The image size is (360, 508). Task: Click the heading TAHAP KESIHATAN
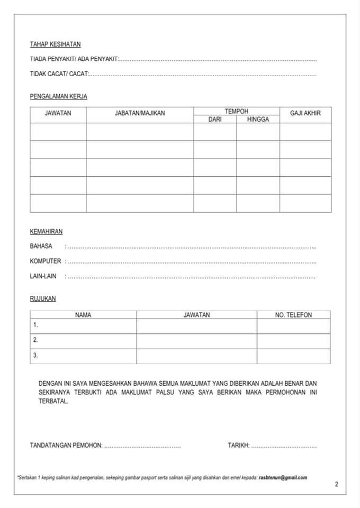55,44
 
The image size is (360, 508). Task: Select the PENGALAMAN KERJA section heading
58,96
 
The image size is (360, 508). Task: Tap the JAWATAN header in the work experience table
58,113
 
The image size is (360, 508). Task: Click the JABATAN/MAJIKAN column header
140,113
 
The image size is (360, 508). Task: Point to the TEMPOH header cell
236,111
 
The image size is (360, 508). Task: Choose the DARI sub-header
214,120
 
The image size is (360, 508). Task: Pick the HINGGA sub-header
258,120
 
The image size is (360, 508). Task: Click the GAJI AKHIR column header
305,113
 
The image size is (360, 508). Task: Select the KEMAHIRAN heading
46,232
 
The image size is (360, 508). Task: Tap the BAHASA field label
41,246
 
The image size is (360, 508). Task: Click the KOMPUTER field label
46,261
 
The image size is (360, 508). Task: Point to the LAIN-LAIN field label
43,276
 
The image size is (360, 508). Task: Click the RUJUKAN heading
42,298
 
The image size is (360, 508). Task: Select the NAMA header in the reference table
83,315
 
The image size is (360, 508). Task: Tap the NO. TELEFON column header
293,315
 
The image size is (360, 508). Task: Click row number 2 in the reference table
35,340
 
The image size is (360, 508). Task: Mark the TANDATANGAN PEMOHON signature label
66,446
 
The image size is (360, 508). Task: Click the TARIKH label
238,446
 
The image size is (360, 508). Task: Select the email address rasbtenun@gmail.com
283,477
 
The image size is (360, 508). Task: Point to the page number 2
337,484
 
